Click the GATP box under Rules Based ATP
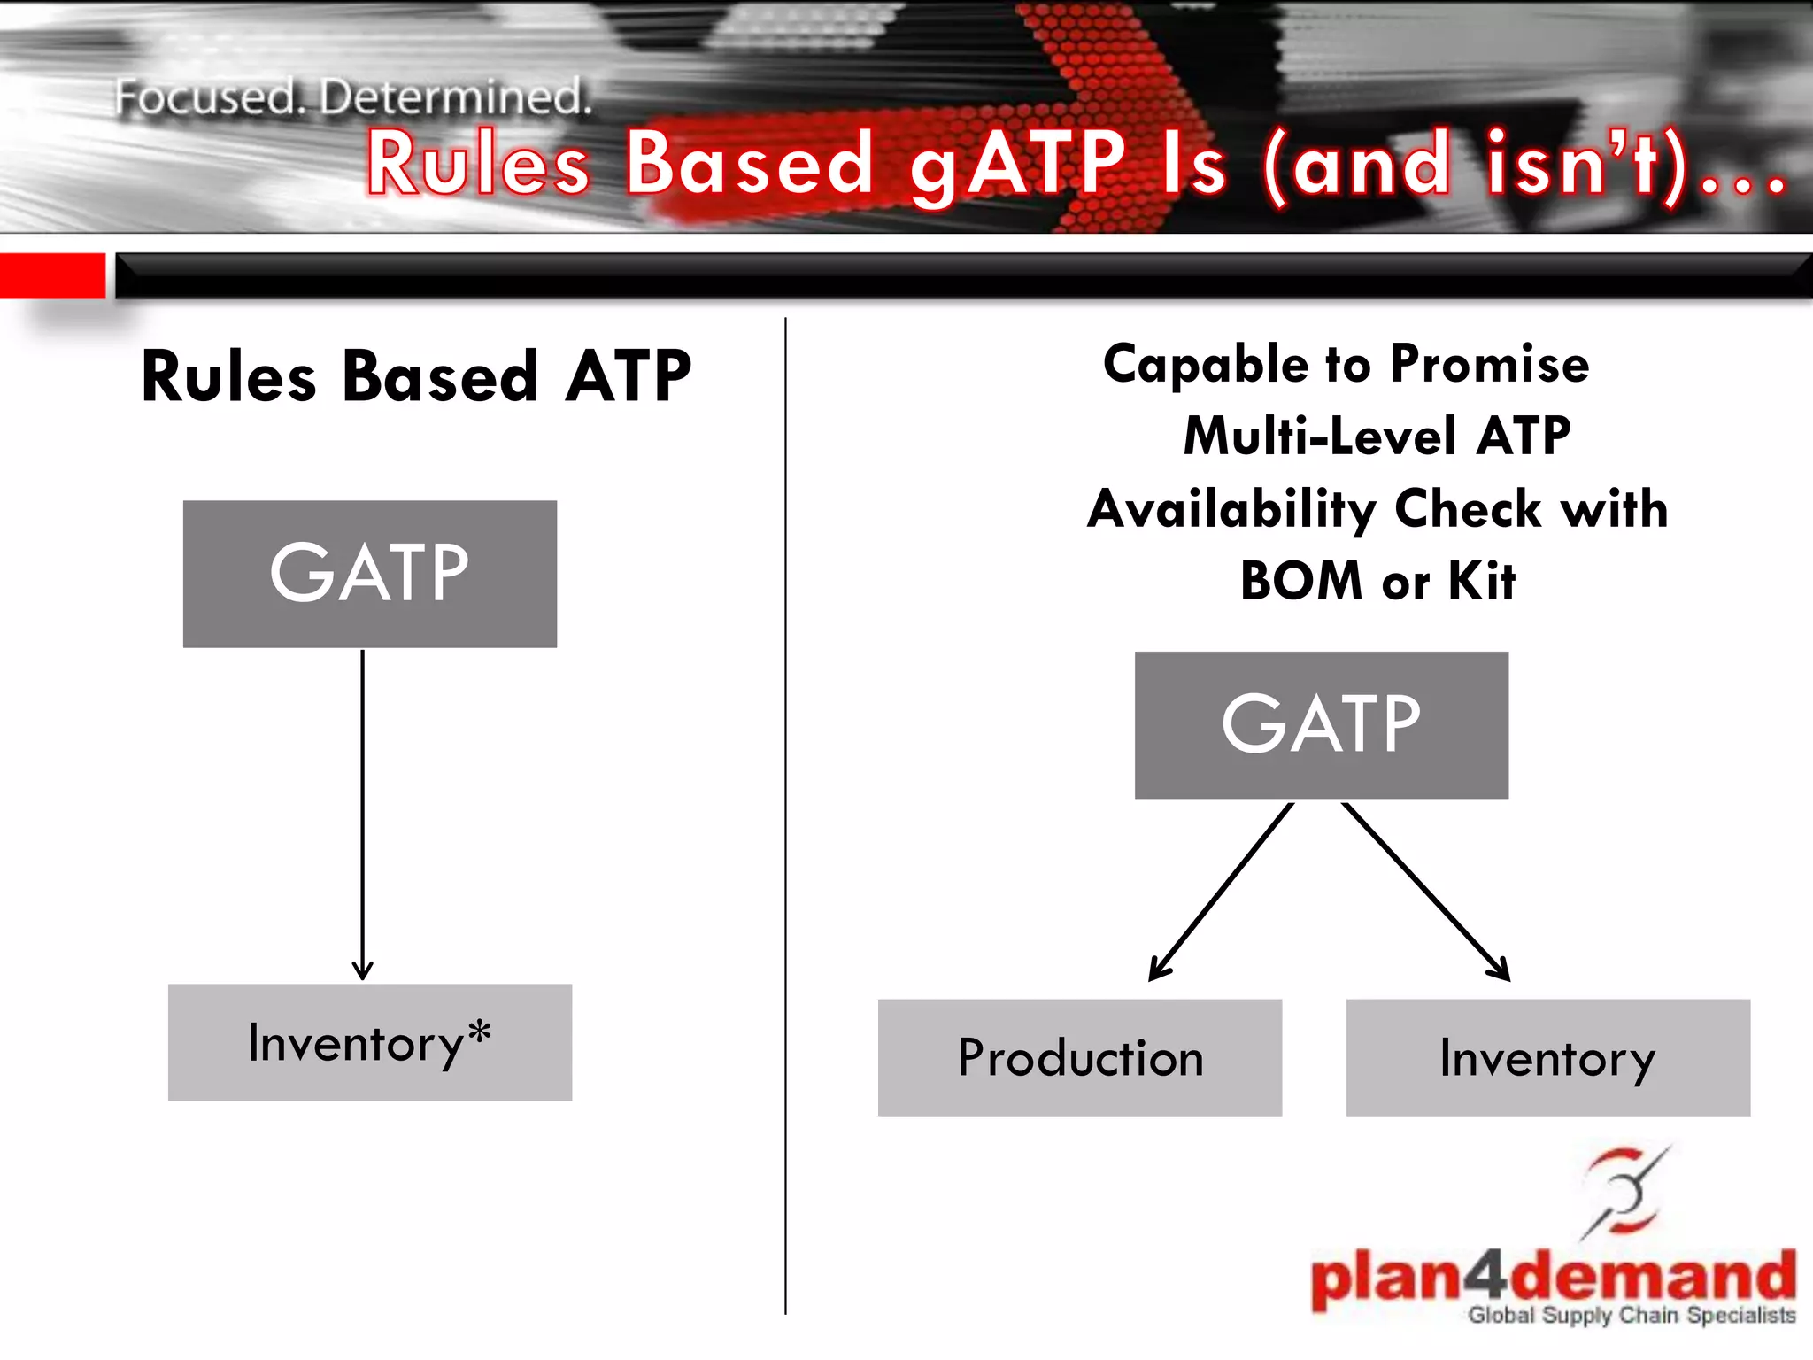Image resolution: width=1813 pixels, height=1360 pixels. (x=369, y=574)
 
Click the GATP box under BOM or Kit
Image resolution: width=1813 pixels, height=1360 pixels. (x=1321, y=725)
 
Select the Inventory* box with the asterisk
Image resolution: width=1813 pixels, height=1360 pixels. (x=369, y=1042)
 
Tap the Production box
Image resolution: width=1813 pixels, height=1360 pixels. (x=1079, y=1057)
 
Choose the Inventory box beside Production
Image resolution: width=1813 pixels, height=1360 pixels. (x=1547, y=1057)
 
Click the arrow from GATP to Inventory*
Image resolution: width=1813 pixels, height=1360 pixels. (x=362, y=815)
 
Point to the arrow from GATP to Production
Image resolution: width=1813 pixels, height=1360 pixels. (x=1222, y=890)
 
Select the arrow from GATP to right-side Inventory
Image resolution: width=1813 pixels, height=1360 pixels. (x=1425, y=890)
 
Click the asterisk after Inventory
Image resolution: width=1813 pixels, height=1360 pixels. (x=480, y=1032)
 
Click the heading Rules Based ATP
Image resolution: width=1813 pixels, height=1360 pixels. (x=416, y=376)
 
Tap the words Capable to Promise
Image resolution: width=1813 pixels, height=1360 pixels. (x=1346, y=365)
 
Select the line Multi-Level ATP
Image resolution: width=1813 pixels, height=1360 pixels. (x=1377, y=437)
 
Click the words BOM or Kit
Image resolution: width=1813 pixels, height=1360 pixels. (x=1377, y=582)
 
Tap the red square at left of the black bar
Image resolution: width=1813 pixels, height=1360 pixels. (x=52, y=275)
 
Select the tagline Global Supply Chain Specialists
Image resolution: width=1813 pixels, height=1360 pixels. (x=1632, y=1316)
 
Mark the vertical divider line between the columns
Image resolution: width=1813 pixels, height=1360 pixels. (x=785, y=815)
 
